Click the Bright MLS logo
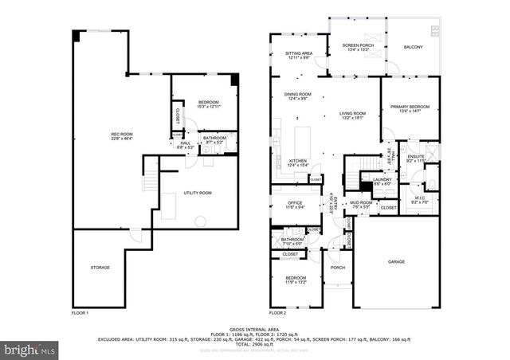pyautogui.click(x=30, y=349)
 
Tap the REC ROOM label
pyautogui.click(x=121, y=135)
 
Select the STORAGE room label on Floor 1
pyautogui.click(x=100, y=267)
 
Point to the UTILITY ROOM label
pyautogui.click(x=197, y=193)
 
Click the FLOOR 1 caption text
pyautogui.click(x=80, y=313)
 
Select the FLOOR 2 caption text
pyautogui.click(x=277, y=313)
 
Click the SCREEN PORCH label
pyautogui.click(x=358, y=45)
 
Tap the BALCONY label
pyautogui.click(x=413, y=47)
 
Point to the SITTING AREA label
pyautogui.click(x=299, y=53)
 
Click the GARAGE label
pyautogui.click(x=396, y=261)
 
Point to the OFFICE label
pyautogui.click(x=294, y=202)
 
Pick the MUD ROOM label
pyautogui.click(x=361, y=202)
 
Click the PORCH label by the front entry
pyautogui.click(x=337, y=268)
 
